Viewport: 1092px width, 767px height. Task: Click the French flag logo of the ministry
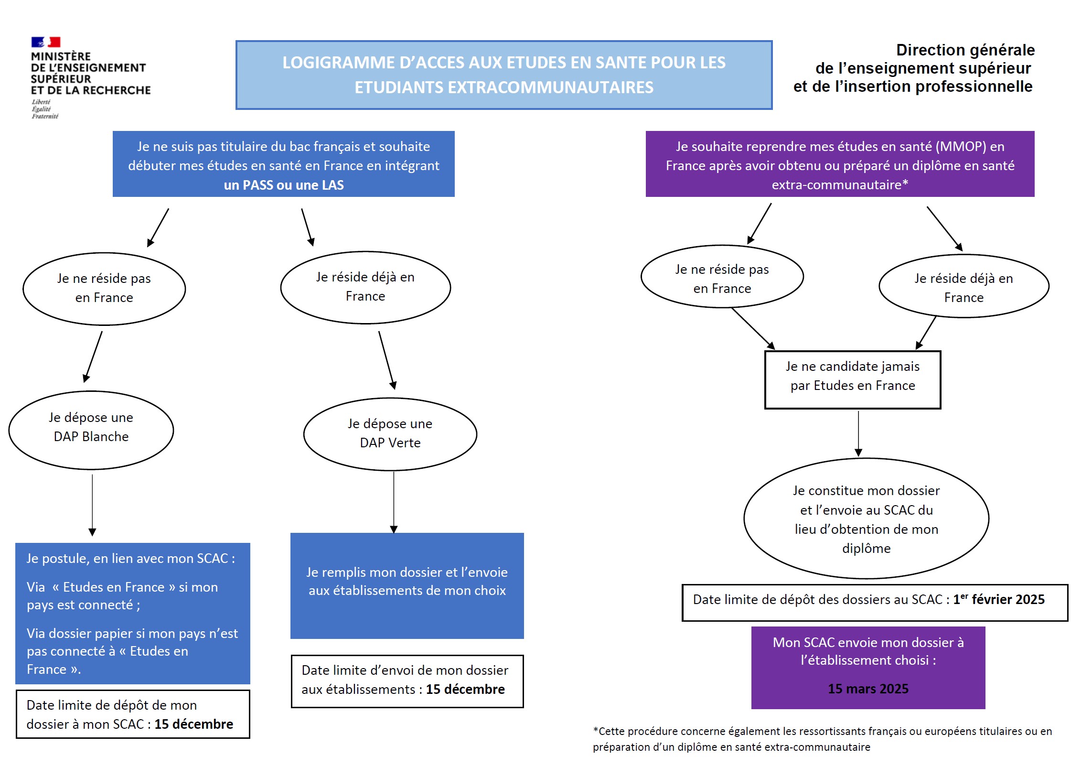pos(46,42)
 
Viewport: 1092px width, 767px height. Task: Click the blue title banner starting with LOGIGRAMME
pos(503,75)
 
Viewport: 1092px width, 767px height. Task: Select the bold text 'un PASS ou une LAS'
pos(284,185)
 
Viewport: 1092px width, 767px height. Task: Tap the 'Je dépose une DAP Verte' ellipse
pos(390,433)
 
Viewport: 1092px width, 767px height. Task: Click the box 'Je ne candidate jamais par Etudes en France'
pos(852,379)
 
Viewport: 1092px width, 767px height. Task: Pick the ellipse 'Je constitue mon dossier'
pos(866,519)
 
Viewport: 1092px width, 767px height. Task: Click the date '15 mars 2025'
pos(867,689)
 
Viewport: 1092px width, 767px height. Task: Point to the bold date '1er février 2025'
pos(998,599)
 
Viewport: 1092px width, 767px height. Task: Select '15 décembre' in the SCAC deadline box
pos(193,724)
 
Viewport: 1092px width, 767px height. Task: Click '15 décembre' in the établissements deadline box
pos(465,689)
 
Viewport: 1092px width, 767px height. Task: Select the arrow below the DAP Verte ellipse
pos(394,502)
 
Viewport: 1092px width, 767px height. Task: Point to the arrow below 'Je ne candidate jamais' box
pos(858,432)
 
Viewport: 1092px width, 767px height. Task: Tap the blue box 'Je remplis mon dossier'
pos(407,585)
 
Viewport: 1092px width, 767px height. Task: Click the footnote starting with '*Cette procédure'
pos(822,739)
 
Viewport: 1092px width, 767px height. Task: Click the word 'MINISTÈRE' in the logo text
pos(61,56)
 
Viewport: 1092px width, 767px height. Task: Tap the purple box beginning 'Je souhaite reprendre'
pos(839,164)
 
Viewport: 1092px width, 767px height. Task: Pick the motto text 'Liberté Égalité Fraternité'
pos(44,109)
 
